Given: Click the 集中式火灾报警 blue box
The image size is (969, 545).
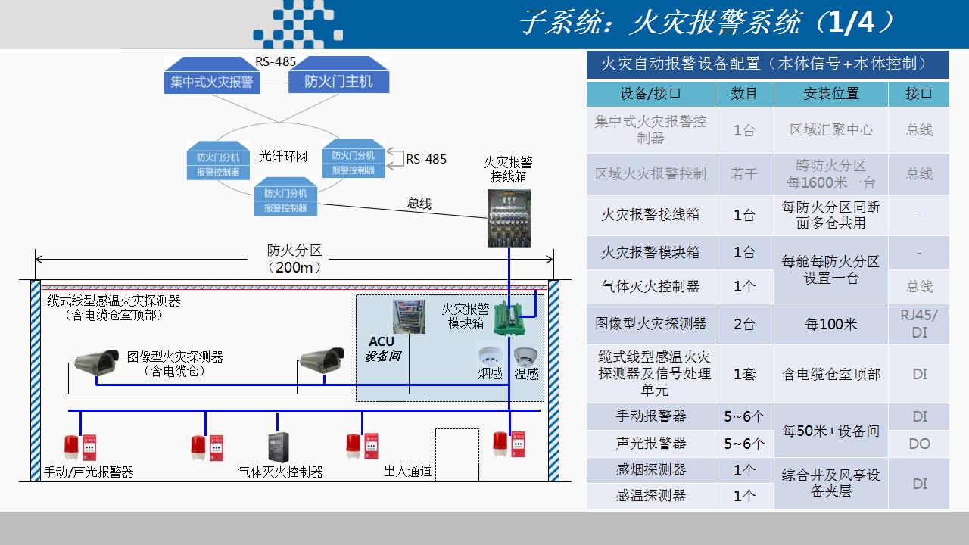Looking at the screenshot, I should [x=212, y=81].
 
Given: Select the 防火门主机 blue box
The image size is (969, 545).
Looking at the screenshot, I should [x=338, y=81].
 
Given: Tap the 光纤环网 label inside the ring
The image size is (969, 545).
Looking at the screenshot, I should [x=283, y=157].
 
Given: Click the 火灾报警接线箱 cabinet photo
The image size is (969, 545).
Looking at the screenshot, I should [x=509, y=218].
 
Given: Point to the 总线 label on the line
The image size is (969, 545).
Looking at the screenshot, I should [x=419, y=203].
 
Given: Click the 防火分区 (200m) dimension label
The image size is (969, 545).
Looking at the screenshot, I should [x=294, y=258].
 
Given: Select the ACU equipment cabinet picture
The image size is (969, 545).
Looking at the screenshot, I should [x=409, y=317].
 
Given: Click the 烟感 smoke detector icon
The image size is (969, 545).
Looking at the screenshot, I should [x=489, y=357].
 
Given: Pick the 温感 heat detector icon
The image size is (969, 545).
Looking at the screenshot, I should [x=525, y=357].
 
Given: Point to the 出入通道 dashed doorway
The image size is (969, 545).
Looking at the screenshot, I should [x=457, y=454].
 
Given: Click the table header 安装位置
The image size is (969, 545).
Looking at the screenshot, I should [x=830, y=94].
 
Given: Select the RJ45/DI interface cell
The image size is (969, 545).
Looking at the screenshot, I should [x=919, y=324].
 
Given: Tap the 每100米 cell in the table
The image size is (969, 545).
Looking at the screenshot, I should [x=830, y=324].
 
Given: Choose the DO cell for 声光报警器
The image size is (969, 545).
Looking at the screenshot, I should [x=919, y=444].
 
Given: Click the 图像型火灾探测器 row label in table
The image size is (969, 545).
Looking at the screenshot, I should [x=650, y=324].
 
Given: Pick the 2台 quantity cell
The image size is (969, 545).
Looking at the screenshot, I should [x=744, y=324].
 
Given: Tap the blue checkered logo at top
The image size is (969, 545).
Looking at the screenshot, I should [x=299, y=25].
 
